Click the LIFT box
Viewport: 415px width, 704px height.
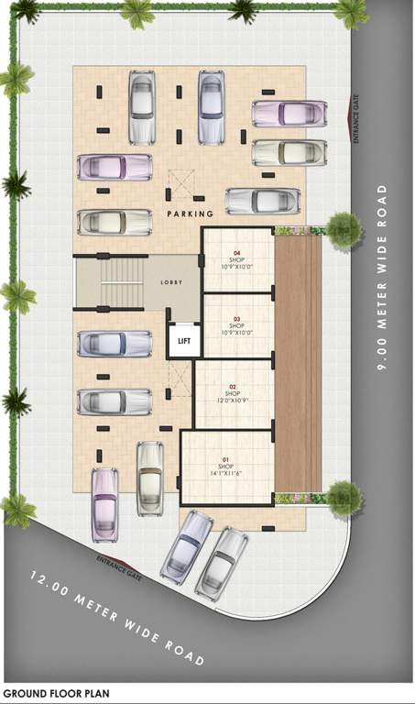click(x=184, y=341)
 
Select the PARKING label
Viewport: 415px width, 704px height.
click(x=191, y=214)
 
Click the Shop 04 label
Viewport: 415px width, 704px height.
click(x=237, y=258)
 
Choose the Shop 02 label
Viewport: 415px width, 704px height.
click(x=233, y=393)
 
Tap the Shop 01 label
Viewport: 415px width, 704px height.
click(x=226, y=467)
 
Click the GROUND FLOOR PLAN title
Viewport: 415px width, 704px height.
click(x=57, y=694)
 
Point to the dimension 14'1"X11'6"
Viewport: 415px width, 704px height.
click(x=226, y=474)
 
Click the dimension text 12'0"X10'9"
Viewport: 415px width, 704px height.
click(x=233, y=401)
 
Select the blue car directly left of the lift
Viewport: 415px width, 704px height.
click(x=115, y=344)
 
